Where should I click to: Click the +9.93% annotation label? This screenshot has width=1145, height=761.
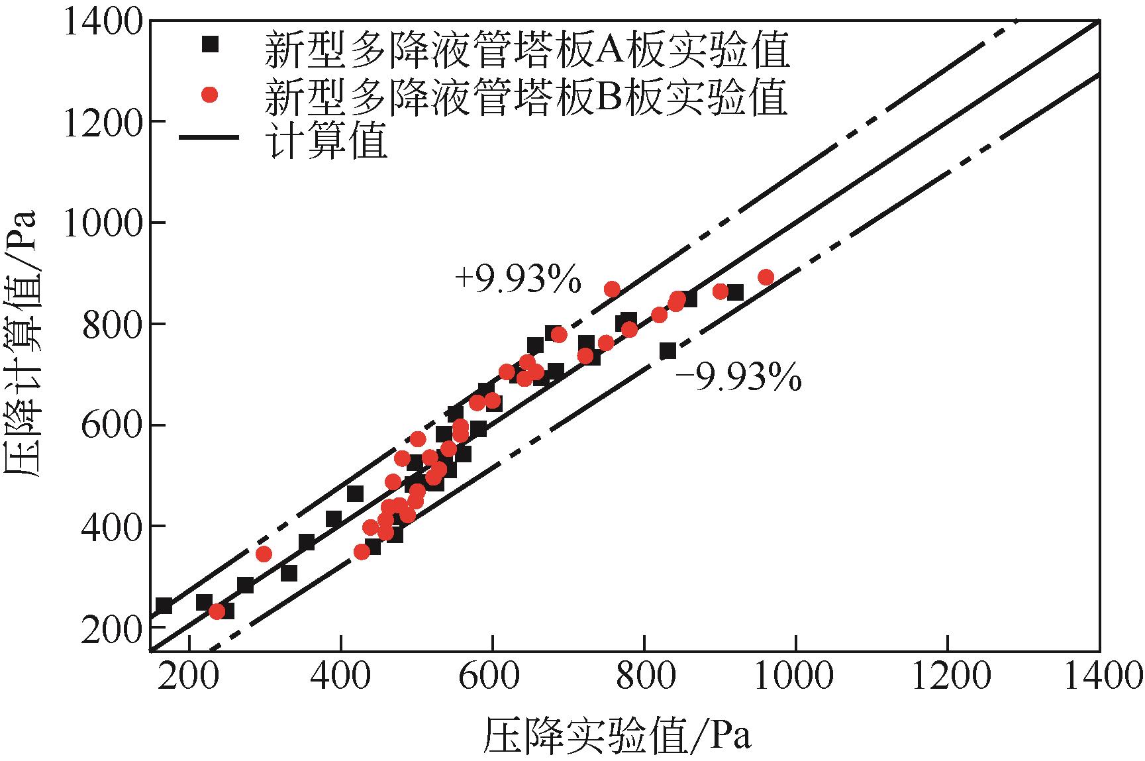(517, 280)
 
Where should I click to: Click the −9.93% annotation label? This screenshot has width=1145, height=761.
(738, 380)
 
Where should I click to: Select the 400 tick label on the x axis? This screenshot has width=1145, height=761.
(340, 677)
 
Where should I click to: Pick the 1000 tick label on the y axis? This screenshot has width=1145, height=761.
(103, 223)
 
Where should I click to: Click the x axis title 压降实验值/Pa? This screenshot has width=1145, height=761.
(617, 733)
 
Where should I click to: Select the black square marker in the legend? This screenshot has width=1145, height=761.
(210, 44)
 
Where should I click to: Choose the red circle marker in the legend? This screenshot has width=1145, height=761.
(210, 95)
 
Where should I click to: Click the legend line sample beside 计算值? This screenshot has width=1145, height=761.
(209, 138)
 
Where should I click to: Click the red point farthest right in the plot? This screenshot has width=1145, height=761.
(766, 278)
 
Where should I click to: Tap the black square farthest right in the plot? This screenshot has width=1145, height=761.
(734, 293)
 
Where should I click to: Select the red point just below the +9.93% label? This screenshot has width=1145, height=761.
(612, 289)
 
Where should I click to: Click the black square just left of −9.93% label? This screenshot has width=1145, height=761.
(668, 351)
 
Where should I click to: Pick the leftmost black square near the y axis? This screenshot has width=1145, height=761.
(164, 605)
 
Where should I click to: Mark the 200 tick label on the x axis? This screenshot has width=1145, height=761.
(189, 677)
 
